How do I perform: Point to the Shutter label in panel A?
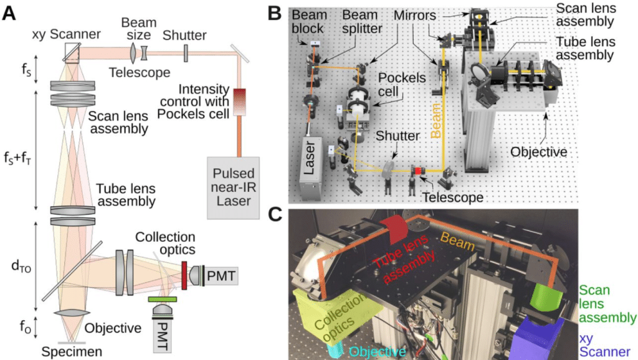[186, 35]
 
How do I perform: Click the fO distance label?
[20, 325]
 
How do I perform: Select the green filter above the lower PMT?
[161, 300]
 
